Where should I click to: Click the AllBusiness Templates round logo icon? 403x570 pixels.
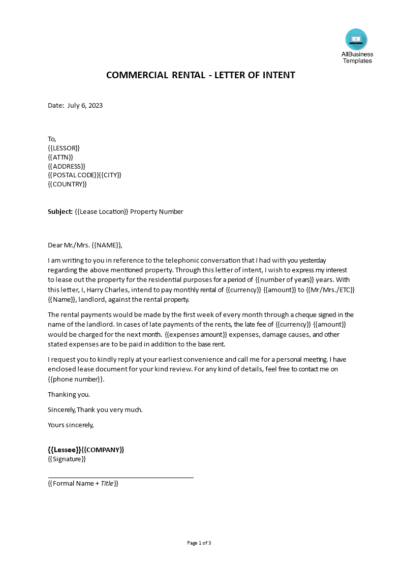[356, 39]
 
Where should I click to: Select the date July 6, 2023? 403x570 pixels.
[85, 106]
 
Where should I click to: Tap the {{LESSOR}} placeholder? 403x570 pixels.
[64, 148]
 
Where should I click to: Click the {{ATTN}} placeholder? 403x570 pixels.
[61, 157]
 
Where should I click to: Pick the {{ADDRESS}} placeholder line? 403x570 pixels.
[67, 166]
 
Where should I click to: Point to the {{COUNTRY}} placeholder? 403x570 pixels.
[68, 184]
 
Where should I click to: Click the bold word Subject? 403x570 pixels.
[60, 212]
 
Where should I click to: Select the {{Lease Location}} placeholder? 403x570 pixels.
[101, 212]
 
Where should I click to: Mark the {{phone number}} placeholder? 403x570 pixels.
[76, 379]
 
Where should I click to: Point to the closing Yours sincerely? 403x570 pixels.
[71, 425]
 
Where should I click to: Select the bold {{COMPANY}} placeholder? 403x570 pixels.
[103, 450]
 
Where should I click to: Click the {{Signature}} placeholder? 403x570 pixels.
[67, 459]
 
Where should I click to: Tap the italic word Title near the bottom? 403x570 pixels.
[107, 484]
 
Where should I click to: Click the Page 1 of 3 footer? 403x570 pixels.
[199, 543]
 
